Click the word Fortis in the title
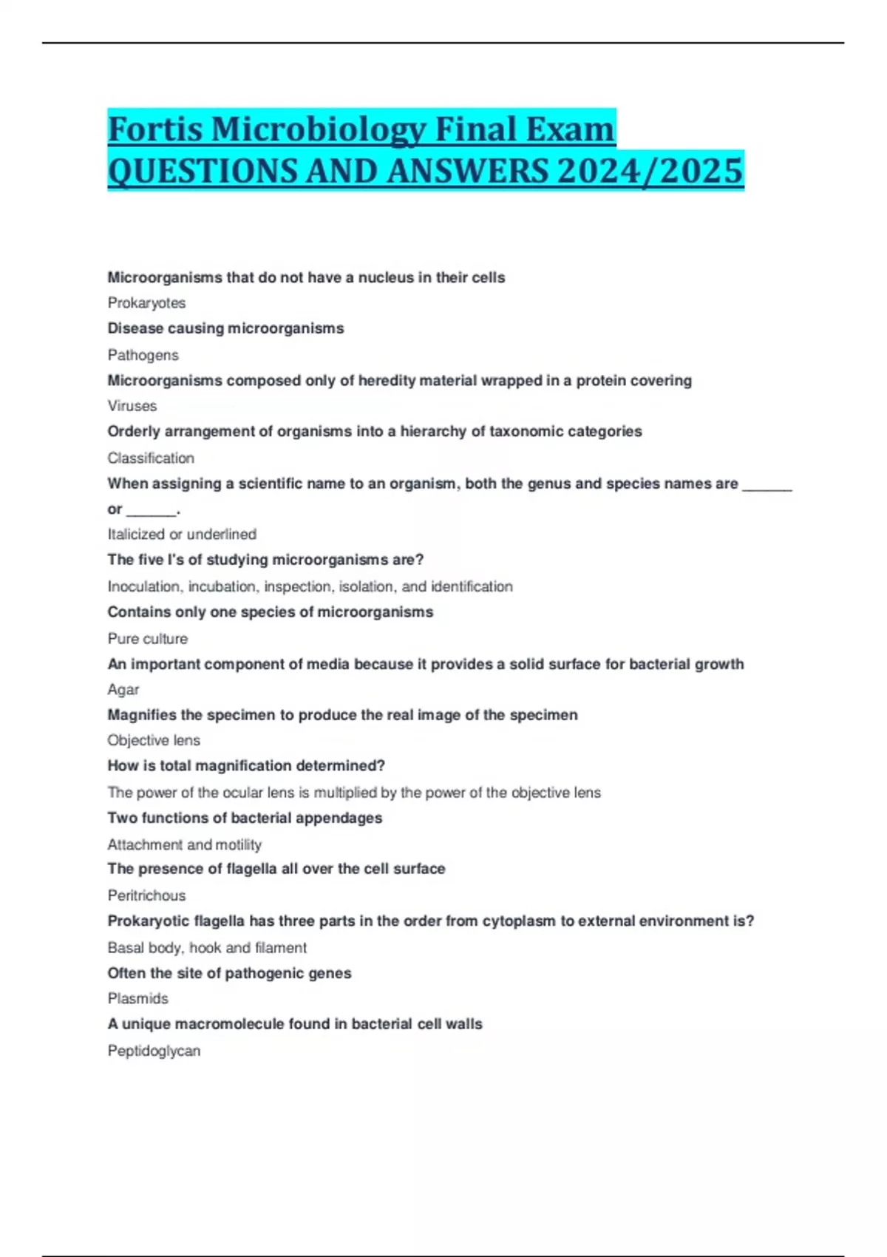click(x=155, y=129)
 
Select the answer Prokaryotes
click(x=146, y=303)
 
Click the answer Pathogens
click(x=143, y=355)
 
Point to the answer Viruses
click(x=132, y=406)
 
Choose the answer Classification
click(x=151, y=458)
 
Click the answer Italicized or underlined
click(x=182, y=534)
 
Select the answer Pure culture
click(x=147, y=638)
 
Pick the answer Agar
click(x=123, y=689)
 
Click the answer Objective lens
click(x=154, y=740)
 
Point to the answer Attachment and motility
click(x=184, y=844)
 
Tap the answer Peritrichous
click(x=146, y=895)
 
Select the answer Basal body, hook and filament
click(x=207, y=947)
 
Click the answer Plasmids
click(x=137, y=998)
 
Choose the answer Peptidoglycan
click(x=154, y=1051)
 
